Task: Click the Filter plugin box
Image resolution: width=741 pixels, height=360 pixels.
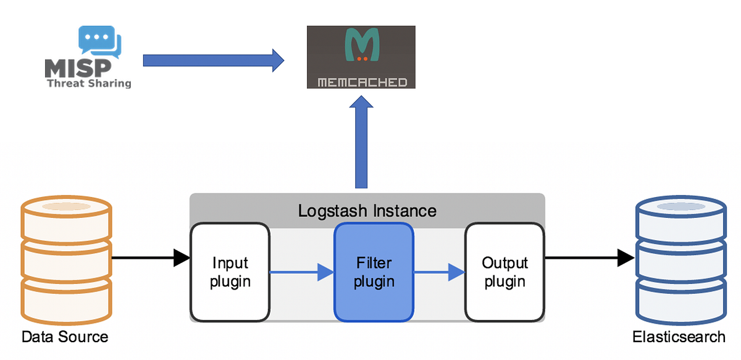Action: coord(374,272)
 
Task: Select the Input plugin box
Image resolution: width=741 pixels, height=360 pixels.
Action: coord(230,272)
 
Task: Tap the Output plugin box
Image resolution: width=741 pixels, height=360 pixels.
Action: coord(504,272)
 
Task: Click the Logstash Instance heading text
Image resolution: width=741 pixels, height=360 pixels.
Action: coord(367,211)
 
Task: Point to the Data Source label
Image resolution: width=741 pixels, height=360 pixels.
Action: coord(65,337)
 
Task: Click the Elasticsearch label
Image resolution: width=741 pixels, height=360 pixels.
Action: coord(679,337)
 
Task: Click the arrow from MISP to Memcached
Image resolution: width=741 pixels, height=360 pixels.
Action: coord(213,61)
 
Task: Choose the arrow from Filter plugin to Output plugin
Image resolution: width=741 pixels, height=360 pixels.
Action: coord(438,272)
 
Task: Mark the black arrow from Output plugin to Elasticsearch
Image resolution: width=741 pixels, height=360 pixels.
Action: coord(590,257)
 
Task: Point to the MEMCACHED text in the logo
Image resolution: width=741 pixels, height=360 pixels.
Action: coord(362,82)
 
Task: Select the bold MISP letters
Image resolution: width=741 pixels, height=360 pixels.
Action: coord(78,68)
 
